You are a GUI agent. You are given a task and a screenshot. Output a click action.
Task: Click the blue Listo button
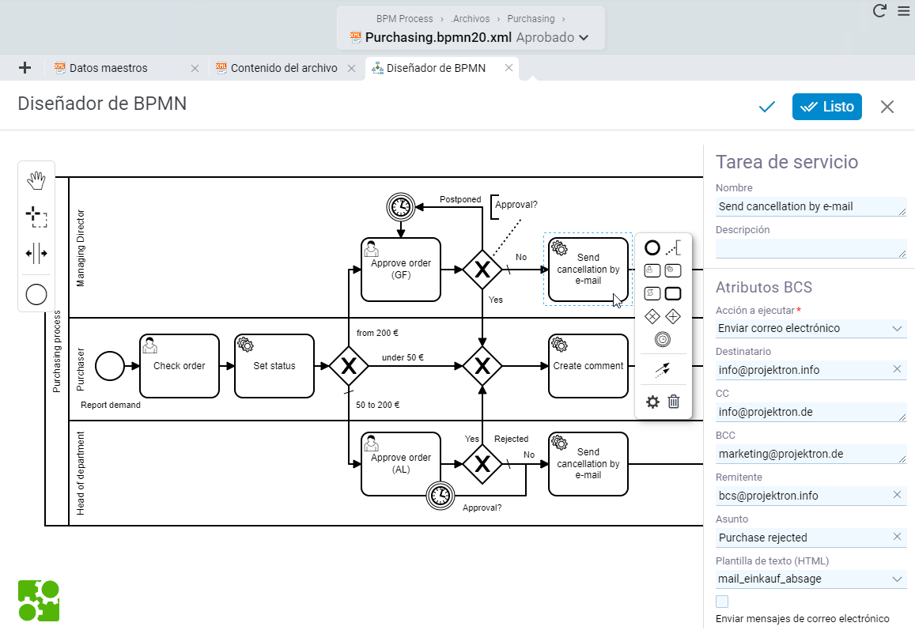click(826, 107)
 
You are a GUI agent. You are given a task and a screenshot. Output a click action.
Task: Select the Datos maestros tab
click(108, 68)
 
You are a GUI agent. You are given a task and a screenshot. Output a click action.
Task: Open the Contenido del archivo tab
click(284, 68)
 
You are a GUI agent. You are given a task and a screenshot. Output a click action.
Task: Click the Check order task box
click(180, 366)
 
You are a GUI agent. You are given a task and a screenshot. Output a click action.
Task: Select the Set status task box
click(274, 366)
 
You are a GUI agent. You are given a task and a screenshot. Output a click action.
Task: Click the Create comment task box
click(588, 366)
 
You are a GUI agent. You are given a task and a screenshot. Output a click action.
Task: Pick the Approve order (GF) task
click(401, 270)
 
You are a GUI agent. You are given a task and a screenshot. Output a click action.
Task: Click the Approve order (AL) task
click(401, 464)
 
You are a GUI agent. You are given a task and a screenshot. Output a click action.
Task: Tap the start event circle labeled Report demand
click(110, 366)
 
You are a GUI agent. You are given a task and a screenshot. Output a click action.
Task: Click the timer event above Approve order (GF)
click(401, 206)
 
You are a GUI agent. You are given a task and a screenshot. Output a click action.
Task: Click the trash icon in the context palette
click(674, 402)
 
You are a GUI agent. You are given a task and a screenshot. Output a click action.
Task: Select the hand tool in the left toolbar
click(36, 181)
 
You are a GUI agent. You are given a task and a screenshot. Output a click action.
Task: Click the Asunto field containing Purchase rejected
click(804, 538)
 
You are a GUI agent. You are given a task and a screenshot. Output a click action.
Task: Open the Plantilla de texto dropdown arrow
click(897, 579)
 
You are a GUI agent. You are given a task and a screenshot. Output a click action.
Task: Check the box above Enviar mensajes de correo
click(722, 602)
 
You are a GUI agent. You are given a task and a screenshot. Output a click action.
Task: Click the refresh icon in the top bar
click(879, 10)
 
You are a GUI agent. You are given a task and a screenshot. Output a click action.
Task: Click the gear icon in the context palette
click(652, 402)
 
